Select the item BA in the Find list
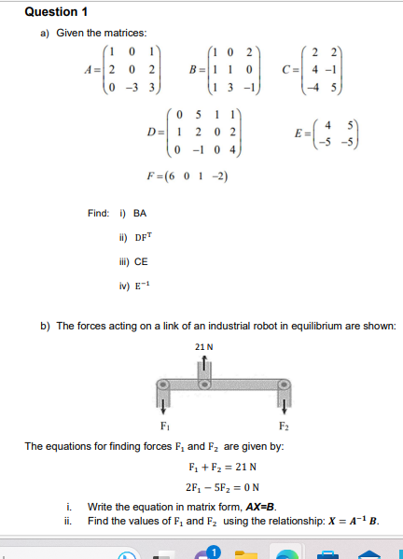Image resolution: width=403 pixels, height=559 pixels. [x=143, y=213]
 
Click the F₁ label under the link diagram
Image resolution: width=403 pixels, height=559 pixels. [x=164, y=426]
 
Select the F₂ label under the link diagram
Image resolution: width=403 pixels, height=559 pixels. [x=283, y=426]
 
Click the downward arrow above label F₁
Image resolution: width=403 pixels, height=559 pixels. [x=164, y=406]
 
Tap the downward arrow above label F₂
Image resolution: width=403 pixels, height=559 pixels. [x=283, y=406]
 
